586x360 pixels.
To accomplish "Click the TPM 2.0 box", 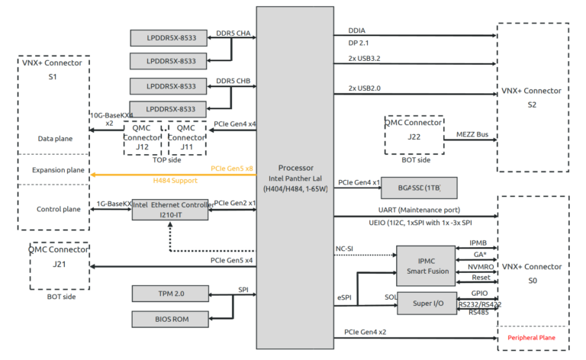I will pyautogui.click(x=169, y=293).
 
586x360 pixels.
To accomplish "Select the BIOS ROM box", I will pyautogui.click(x=169, y=319).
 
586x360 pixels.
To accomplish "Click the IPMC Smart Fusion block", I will pyautogui.click(x=426, y=265).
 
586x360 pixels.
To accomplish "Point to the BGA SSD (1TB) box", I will pyautogui.click(x=418, y=188).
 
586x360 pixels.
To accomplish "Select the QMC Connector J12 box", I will pyautogui.click(x=143, y=137).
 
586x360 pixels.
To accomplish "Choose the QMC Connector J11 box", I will pyautogui.click(x=186, y=137).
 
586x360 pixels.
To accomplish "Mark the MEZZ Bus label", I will pyautogui.click(x=471, y=134).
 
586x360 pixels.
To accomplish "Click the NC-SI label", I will pyautogui.click(x=346, y=249).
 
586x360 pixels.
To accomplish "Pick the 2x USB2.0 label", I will pyautogui.click(x=365, y=88).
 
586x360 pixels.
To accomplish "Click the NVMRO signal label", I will pyautogui.click(x=480, y=267).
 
